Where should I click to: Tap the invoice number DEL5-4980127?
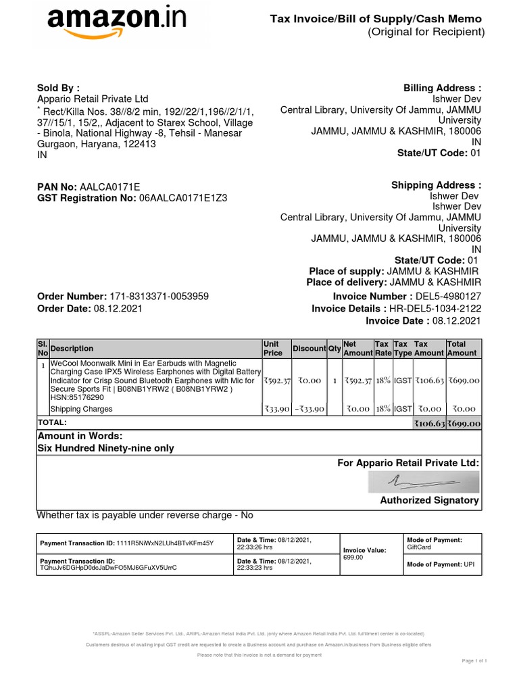tap(447, 297)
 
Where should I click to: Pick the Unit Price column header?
tap(272, 348)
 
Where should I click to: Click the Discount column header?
tap(309, 349)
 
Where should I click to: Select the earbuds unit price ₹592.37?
tap(277, 381)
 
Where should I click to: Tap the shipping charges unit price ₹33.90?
tap(277, 409)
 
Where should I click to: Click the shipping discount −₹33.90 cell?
tap(310, 409)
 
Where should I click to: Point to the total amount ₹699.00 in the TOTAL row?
tap(463, 424)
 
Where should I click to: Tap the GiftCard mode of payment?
tap(419, 548)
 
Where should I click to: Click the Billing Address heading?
tap(442, 89)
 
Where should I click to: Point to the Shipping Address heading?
tap(436, 185)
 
